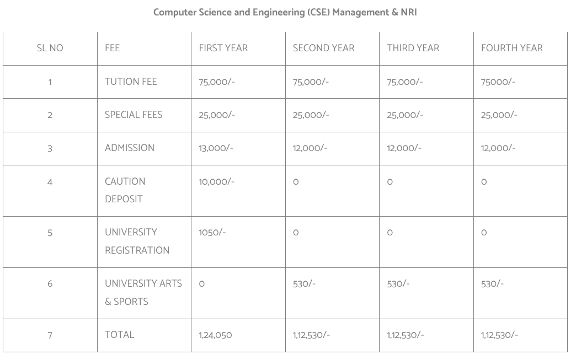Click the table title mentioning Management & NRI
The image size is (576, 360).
[285, 12]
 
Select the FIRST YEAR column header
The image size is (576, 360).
[223, 48]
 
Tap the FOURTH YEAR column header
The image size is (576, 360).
[511, 48]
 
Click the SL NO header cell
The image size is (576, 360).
[50, 48]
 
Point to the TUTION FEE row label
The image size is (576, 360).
[131, 82]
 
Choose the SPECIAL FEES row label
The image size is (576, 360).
[134, 115]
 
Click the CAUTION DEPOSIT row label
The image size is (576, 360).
[125, 190]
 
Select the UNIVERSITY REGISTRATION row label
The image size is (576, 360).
[137, 241]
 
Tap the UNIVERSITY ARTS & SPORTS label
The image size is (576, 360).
[143, 292]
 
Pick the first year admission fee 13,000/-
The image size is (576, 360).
[216, 148]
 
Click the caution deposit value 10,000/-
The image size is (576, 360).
[216, 181]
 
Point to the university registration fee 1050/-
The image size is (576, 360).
[212, 232]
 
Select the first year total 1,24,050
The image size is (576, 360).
[215, 335]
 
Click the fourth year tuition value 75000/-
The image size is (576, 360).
[498, 82]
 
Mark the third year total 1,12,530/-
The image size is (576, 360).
[406, 335]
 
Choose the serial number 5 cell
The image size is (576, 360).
[50, 233]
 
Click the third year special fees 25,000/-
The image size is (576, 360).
[405, 115]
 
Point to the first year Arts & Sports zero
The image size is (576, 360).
[202, 284]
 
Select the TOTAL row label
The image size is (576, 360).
[119, 335]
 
